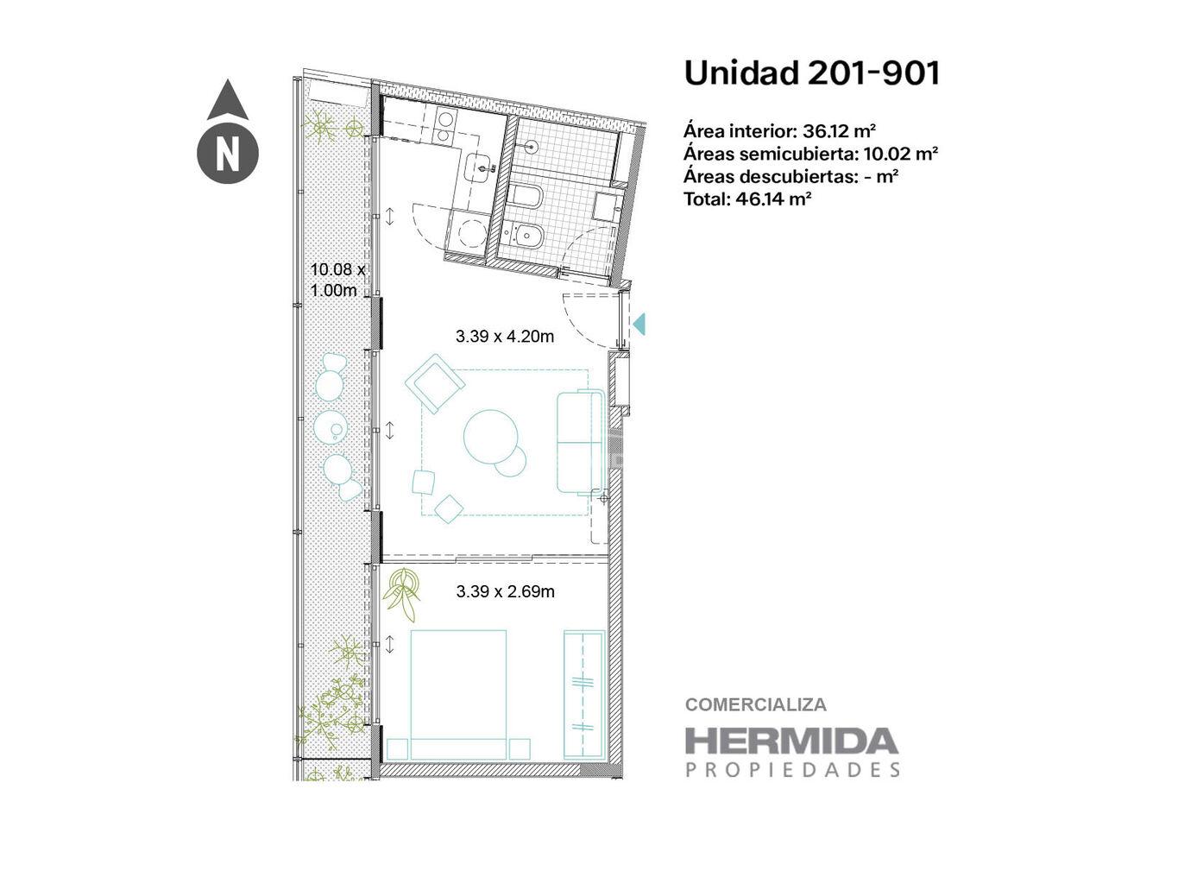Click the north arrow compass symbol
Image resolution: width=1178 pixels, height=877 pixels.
pyautogui.click(x=227, y=131)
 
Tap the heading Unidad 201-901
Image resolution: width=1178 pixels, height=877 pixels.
pyautogui.click(x=812, y=73)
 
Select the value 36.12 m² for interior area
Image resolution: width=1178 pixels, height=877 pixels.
pyautogui.click(x=839, y=130)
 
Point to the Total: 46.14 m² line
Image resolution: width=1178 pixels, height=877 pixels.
pyautogui.click(x=748, y=199)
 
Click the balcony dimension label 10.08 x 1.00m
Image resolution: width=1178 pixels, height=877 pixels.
pyautogui.click(x=337, y=280)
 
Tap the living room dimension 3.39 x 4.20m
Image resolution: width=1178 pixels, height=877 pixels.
pyautogui.click(x=505, y=337)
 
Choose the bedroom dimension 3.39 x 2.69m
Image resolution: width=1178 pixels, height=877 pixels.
pyautogui.click(x=505, y=591)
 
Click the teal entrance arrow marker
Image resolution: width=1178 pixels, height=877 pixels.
pyautogui.click(x=639, y=324)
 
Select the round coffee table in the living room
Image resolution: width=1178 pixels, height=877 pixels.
pyautogui.click(x=491, y=437)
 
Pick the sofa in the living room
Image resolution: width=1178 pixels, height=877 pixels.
pyautogui.click(x=581, y=442)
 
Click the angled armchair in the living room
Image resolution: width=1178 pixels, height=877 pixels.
pyautogui.click(x=435, y=383)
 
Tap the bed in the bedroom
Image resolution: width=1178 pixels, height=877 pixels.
pyautogui.click(x=458, y=695)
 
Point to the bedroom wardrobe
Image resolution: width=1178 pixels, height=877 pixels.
pyautogui.click(x=583, y=694)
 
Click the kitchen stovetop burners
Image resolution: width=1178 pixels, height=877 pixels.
pyautogui.click(x=443, y=128)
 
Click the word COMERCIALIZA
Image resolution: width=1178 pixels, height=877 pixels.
pyautogui.click(x=756, y=705)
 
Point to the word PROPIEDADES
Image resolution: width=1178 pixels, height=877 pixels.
pyautogui.click(x=792, y=770)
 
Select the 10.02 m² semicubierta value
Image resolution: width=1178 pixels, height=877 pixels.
pyautogui.click(x=901, y=154)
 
